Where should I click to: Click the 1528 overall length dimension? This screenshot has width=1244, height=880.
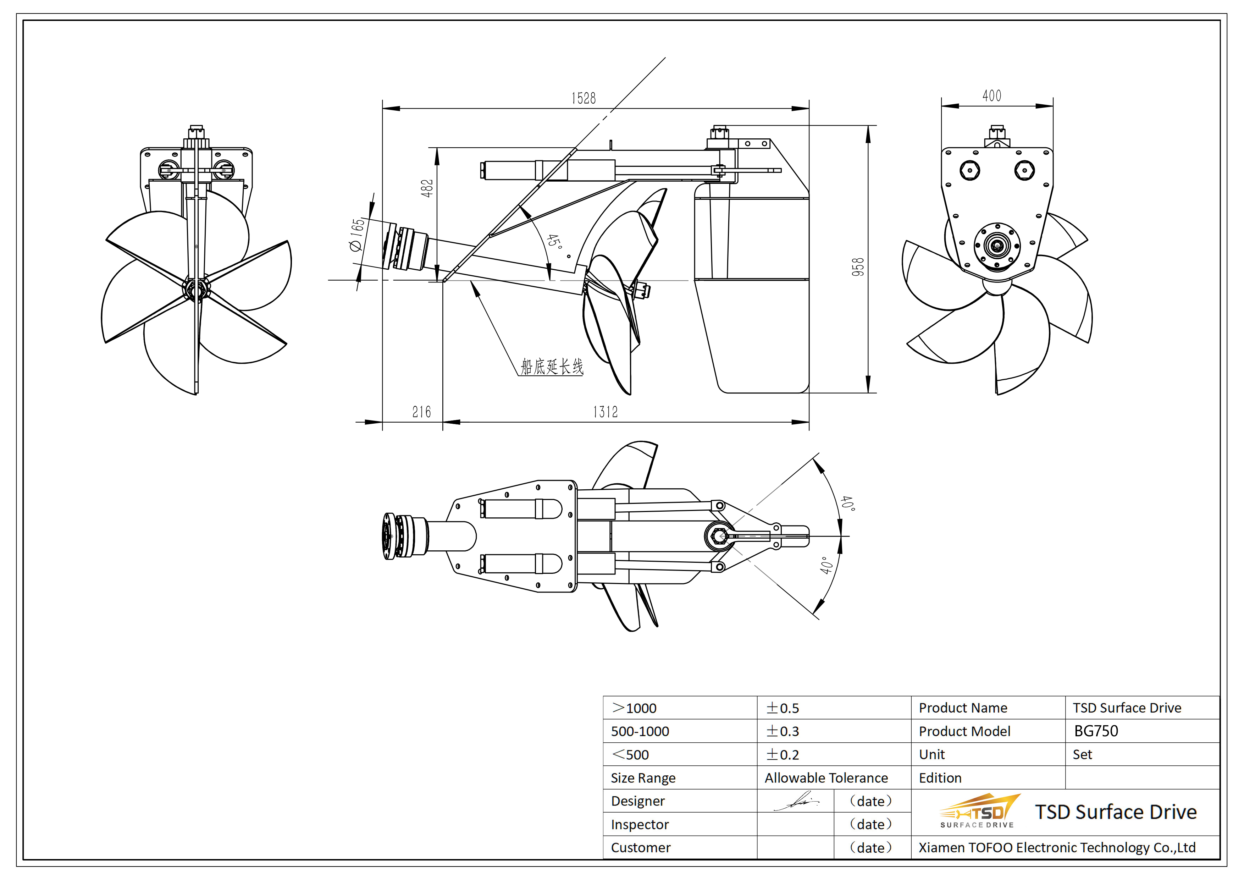click(x=583, y=98)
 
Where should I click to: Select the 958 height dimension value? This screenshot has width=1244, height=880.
click(x=858, y=267)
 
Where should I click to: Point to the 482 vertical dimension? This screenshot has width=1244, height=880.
click(x=427, y=188)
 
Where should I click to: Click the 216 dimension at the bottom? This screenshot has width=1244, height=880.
click(x=421, y=412)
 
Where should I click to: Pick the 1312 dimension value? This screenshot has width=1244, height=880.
click(x=605, y=412)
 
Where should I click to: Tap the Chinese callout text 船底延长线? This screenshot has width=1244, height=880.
click(x=552, y=367)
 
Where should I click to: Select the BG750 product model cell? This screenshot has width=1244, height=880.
click(x=1095, y=731)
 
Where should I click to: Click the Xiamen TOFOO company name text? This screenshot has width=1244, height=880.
click(x=1057, y=847)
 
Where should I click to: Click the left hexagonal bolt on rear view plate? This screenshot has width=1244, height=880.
click(x=969, y=170)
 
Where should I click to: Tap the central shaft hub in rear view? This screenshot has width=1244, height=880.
click(x=997, y=246)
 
